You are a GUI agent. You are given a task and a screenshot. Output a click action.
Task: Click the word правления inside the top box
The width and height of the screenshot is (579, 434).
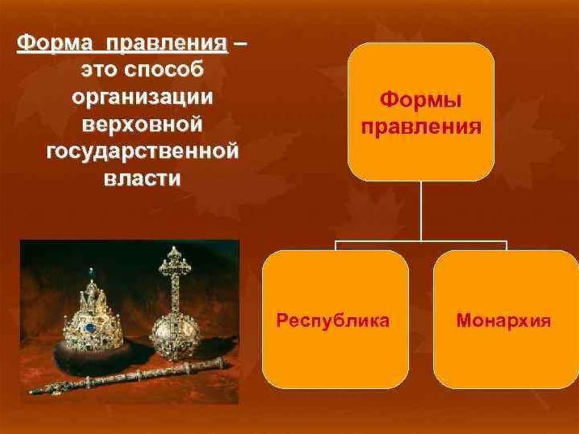[421, 126]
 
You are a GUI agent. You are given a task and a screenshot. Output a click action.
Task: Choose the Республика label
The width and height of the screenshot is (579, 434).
[333, 321]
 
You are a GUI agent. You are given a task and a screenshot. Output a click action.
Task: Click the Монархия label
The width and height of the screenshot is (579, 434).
[504, 321]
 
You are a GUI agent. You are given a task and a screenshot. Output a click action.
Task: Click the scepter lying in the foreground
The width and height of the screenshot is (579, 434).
[130, 376]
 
